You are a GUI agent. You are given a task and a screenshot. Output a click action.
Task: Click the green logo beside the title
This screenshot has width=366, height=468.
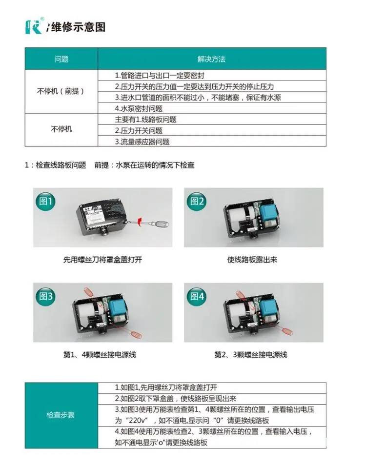pos(34,27)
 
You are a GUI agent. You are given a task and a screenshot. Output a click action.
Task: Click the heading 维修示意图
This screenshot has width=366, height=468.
pos(78,27)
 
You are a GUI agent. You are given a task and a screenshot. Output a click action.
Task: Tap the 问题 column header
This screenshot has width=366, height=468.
pos(61,59)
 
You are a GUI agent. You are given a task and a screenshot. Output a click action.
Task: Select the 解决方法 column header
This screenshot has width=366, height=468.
pos(211,59)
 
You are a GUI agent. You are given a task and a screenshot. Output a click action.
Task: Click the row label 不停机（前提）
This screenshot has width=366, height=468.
pos(61,91)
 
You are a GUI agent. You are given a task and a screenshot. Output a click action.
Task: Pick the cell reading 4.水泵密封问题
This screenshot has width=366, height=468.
pos(139,109)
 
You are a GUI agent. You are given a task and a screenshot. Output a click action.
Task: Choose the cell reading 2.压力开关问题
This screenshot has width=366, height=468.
pos(139,131)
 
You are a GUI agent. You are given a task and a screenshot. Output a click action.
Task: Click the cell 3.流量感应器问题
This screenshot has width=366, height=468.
pos(142,142)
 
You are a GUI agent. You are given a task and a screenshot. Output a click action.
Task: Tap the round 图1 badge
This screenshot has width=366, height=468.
pos(45,201)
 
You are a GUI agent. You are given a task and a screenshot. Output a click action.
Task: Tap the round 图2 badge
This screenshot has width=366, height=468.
pos(197,201)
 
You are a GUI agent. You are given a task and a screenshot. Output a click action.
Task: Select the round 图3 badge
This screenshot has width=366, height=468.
pos(45,296)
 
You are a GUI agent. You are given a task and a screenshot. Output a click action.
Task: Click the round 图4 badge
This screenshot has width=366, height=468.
pos(197,296)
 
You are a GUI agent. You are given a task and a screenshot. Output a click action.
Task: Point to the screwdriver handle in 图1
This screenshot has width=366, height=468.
pos(161,224)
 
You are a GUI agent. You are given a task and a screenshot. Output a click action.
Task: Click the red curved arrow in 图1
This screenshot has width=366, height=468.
pos(140,222)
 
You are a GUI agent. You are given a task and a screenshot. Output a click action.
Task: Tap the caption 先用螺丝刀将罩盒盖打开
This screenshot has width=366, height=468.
pos(102,260)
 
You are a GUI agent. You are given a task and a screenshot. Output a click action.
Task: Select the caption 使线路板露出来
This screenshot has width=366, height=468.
pos(252,260)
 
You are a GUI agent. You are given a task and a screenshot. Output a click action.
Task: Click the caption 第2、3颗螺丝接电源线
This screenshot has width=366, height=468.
pos(251,355)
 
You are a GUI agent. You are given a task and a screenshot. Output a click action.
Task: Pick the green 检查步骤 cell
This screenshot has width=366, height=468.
pos(61,415)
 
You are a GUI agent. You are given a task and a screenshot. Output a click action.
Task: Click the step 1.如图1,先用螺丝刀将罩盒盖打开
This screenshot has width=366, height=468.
pos(166,387)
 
